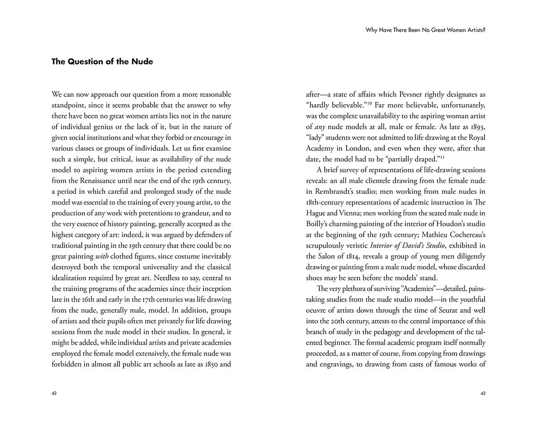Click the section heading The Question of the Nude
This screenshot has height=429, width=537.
click(x=102, y=62)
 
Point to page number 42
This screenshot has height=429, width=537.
click(x=54, y=393)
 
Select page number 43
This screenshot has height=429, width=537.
click(x=483, y=393)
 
